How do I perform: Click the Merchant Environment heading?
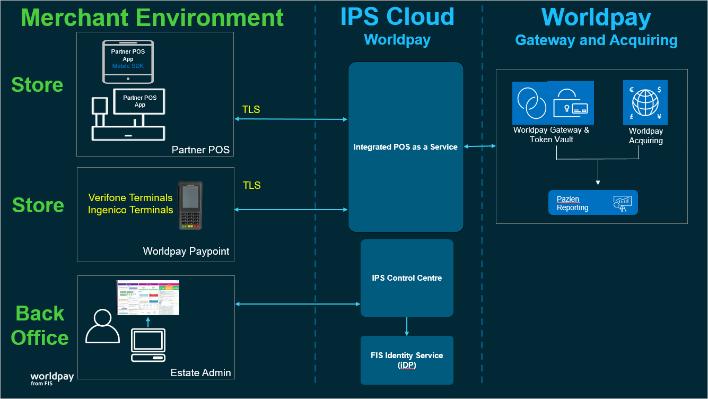pyautogui.click(x=152, y=17)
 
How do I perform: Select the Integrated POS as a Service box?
pyautogui.click(x=406, y=147)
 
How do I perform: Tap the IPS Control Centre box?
pyautogui.click(x=407, y=278)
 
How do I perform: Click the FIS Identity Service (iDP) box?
pyautogui.click(x=407, y=360)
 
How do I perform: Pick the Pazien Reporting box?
pyautogui.click(x=593, y=203)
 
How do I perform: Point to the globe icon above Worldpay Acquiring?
pyautogui.click(x=645, y=102)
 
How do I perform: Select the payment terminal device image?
pyautogui.click(x=190, y=205)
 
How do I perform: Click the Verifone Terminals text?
pyautogui.click(x=130, y=197)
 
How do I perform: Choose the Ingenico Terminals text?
pyautogui.click(x=130, y=210)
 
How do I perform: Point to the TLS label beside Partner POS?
pyautogui.click(x=251, y=109)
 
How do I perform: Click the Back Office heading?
pyautogui.click(x=40, y=325)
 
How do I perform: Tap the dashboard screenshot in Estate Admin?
pyautogui.click(x=148, y=298)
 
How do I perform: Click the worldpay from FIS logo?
pyautogui.click(x=52, y=378)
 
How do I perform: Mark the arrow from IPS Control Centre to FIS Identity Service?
pyautogui.click(x=407, y=326)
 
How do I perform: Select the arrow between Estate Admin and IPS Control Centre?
pyautogui.click(x=298, y=304)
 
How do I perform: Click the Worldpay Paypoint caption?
pyautogui.click(x=186, y=251)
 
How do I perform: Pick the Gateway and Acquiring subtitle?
pyautogui.click(x=596, y=40)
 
